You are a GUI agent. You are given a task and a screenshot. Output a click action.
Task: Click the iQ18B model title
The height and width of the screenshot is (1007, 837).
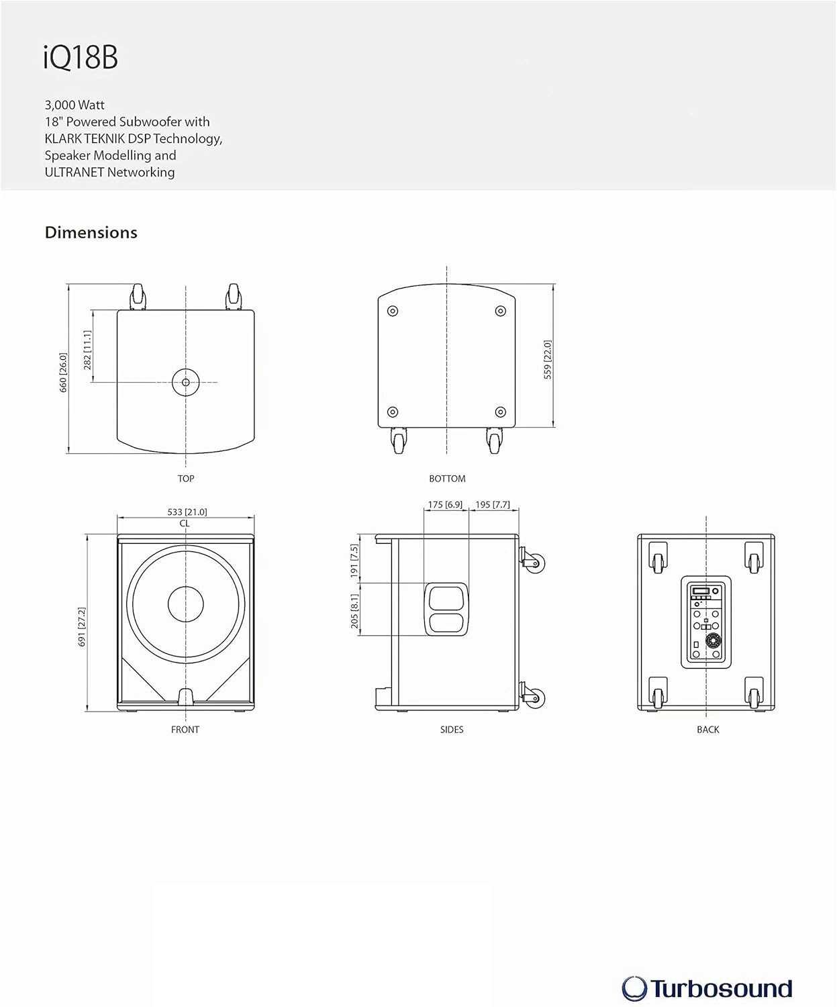(81, 57)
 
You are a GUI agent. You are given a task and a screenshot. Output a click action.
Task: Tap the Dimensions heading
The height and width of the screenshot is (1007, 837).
(91, 232)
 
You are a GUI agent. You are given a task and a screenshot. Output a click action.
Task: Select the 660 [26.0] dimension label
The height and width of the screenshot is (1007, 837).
(63, 373)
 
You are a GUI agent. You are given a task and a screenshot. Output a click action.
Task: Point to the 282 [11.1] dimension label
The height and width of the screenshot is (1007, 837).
(87, 350)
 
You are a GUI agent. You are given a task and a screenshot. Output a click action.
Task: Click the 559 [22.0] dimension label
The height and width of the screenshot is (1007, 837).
(548, 360)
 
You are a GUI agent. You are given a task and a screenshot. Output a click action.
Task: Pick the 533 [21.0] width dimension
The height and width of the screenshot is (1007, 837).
(187, 512)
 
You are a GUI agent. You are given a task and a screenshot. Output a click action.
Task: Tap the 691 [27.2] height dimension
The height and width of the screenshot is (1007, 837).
(82, 627)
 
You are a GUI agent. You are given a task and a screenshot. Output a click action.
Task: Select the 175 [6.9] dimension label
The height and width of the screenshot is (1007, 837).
(445, 504)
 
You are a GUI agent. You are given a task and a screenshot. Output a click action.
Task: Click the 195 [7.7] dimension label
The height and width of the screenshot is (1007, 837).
(492, 504)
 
